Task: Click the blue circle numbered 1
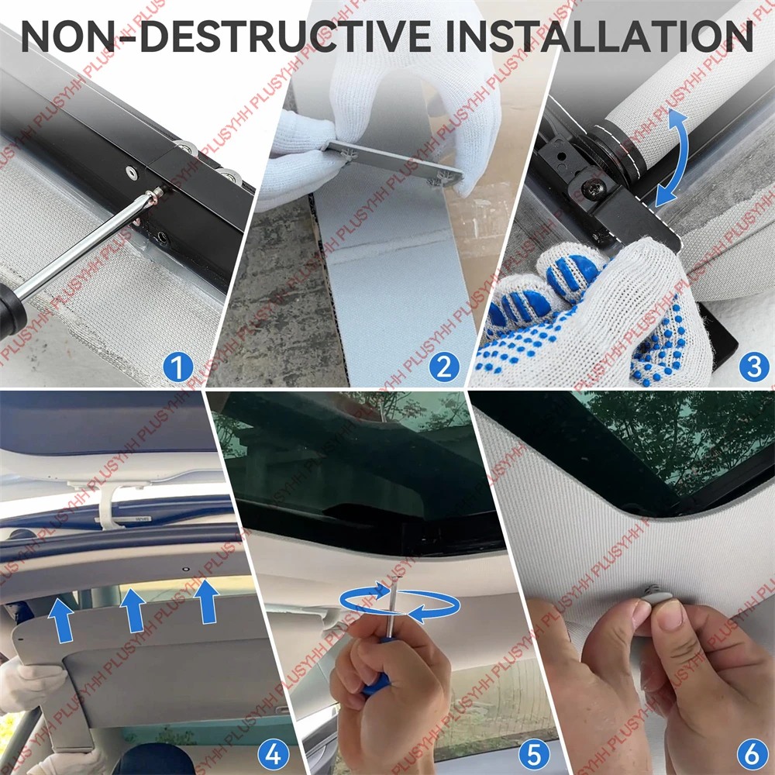tap(178, 367)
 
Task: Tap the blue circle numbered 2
tap(444, 367)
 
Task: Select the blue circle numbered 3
tap(754, 367)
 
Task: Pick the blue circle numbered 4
tap(274, 754)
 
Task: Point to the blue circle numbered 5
tap(534, 754)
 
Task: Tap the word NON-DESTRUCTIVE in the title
tap(226, 36)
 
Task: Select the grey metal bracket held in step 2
tap(394, 163)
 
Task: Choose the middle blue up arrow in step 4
tap(133, 611)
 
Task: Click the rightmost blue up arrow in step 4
tap(207, 601)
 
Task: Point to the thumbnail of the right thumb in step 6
tap(670, 616)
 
